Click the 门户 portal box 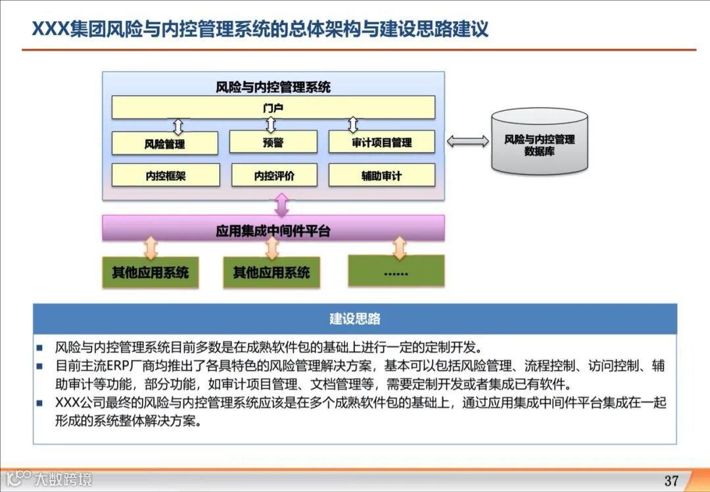[x=273, y=107]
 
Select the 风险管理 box [x=164, y=143]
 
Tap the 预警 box [x=273, y=142]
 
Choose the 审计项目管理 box [x=381, y=142]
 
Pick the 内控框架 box [x=166, y=176]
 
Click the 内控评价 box [x=273, y=176]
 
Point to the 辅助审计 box [x=381, y=176]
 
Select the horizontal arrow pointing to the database [x=467, y=141]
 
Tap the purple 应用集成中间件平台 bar [x=273, y=230]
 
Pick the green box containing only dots [x=396, y=271]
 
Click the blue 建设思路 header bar [x=355, y=319]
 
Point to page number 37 [x=671, y=480]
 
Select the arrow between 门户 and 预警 [x=270, y=124]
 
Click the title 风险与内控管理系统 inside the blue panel [x=273, y=87]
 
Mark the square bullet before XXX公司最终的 [x=39, y=403]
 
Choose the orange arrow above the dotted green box [x=399, y=247]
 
